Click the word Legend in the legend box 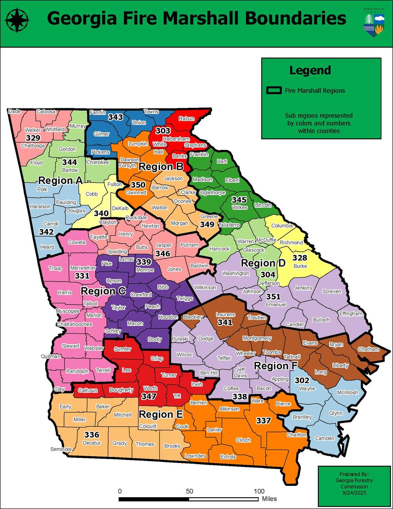tap(310, 70)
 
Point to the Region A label tap(60, 181)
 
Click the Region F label tap(276, 366)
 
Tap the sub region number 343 tap(116, 117)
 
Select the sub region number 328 tap(300, 258)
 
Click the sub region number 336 tap(92, 435)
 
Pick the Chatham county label tap(368, 349)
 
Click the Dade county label tap(14, 111)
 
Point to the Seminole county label tap(61, 449)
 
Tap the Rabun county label tap(186, 118)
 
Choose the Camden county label tap(325, 438)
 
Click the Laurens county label tap(226, 315)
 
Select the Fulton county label tap(115, 184)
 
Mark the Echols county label tap(228, 457)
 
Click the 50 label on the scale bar tap(189, 491)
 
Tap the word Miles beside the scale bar tap(270, 499)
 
